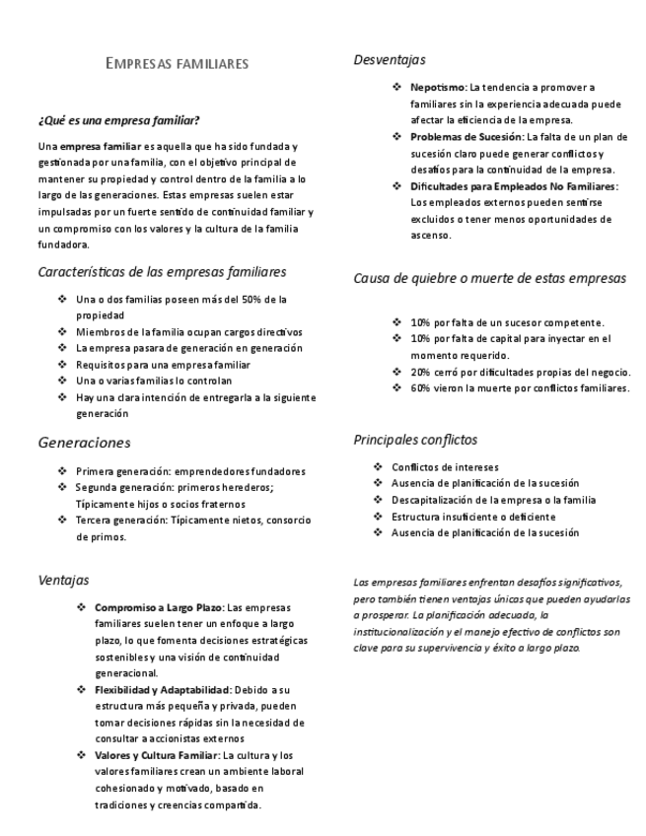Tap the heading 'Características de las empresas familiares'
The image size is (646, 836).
pyautogui.click(x=162, y=270)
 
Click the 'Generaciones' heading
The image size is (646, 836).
pyautogui.click(x=84, y=443)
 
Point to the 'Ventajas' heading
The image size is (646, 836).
pyautogui.click(x=62, y=581)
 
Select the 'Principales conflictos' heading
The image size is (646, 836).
pyautogui.click(x=415, y=439)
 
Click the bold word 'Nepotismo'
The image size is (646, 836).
pyautogui.click(x=438, y=88)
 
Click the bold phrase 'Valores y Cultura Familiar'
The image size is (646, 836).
pyautogui.click(x=156, y=755)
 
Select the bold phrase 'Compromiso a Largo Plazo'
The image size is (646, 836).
pyautogui.click(x=160, y=607)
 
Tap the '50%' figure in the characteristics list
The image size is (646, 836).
pyautogui.click(x=241, y=299)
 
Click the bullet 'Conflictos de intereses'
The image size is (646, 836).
pyautogui.click(x=445, y=466)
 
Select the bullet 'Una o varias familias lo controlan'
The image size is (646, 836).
pyautogui.click(x=153, y=381)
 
